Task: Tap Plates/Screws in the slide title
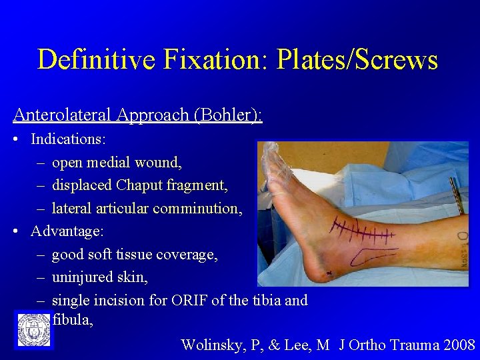357,60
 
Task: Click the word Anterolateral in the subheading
63,115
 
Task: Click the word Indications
68,139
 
